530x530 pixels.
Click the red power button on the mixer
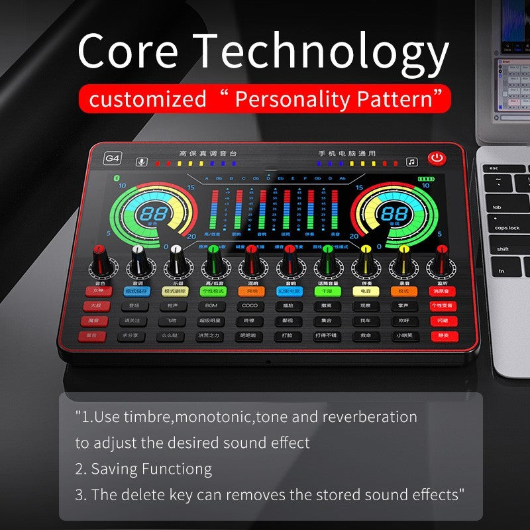(x=436, y=158)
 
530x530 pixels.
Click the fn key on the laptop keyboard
(x=502, y=270)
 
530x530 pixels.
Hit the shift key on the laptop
(x=503, y=249)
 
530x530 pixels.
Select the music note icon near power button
(x=412, y=161)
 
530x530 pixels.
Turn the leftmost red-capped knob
(x=100, y=256)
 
